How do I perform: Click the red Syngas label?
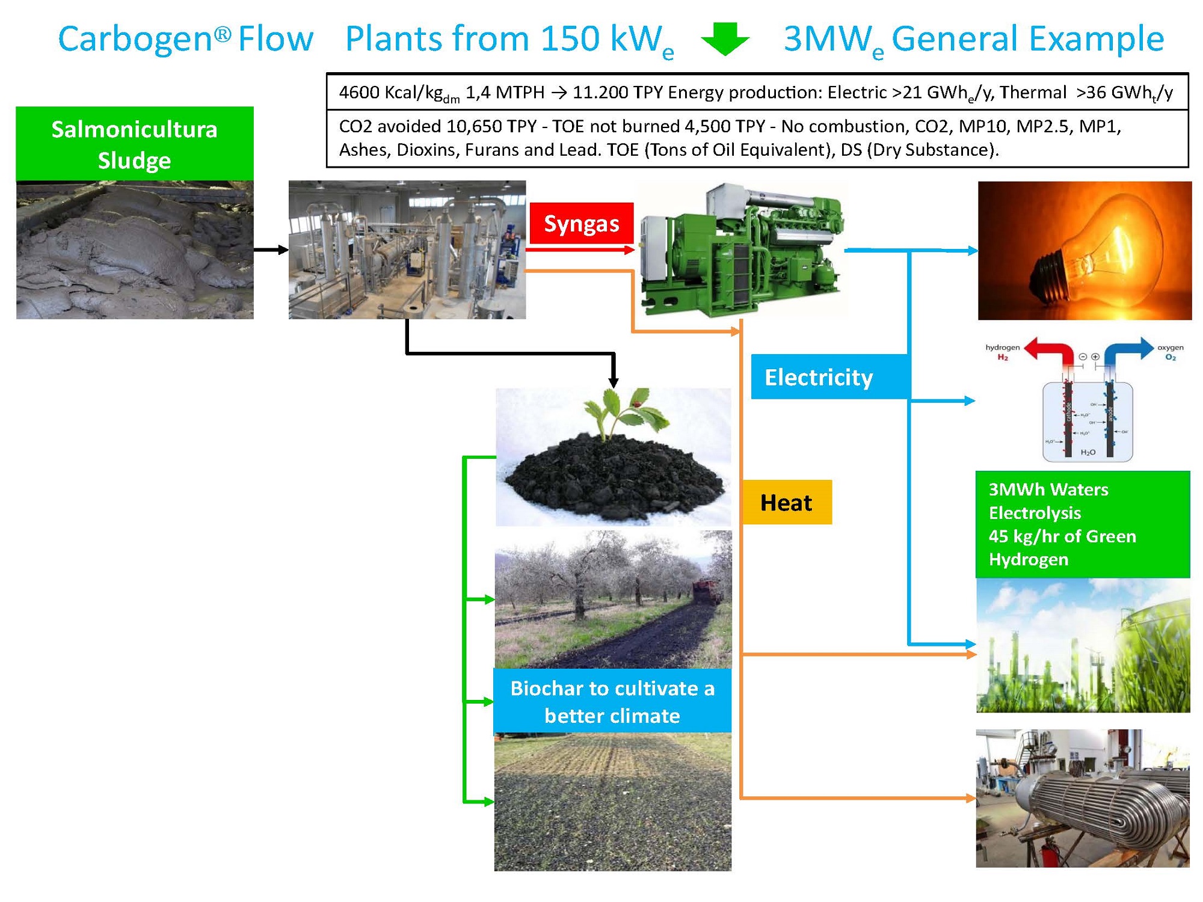tap(581, 224)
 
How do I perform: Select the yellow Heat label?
tap(786, 502)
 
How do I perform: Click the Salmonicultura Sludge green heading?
tap(134, 144)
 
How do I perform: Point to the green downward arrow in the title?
tap(725, 39)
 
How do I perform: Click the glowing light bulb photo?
tap(1084, 250)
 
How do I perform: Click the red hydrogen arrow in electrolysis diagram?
tap(1050, 351)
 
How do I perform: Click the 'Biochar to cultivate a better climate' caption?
tap(612, 701)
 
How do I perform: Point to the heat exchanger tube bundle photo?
tap(1082, 798)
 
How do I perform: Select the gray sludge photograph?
tap(135, 250)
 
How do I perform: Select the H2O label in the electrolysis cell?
tap(1088, 452)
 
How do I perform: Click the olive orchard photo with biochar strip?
tap(613, 599)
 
